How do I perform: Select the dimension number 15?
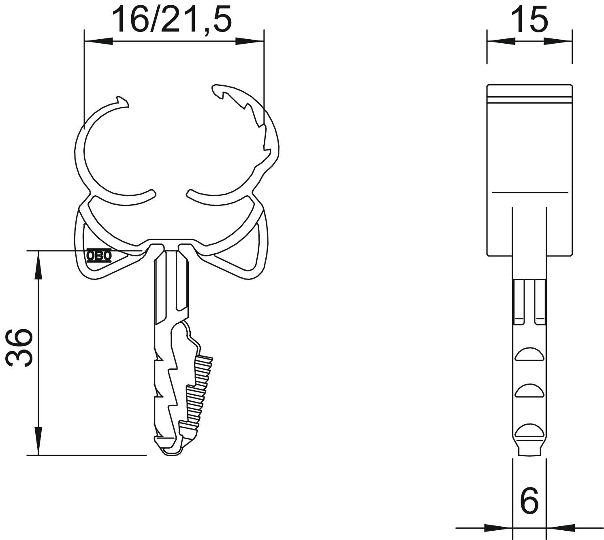(529, 19)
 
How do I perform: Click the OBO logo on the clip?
(99, 256)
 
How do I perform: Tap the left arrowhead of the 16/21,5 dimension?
(99, 41)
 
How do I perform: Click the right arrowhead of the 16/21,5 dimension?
(250, 41)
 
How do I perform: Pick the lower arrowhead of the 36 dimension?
(38, 441)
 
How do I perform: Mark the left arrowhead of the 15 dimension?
(501, 41)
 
